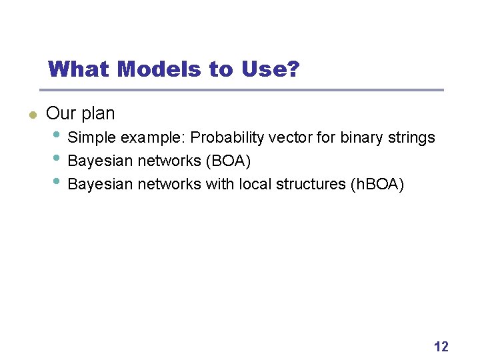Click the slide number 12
click(x=441, y=346)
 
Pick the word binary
click(x=361, y=138)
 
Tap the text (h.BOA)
click(x=377, y=183)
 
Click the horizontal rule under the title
click(x=241, y=90)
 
